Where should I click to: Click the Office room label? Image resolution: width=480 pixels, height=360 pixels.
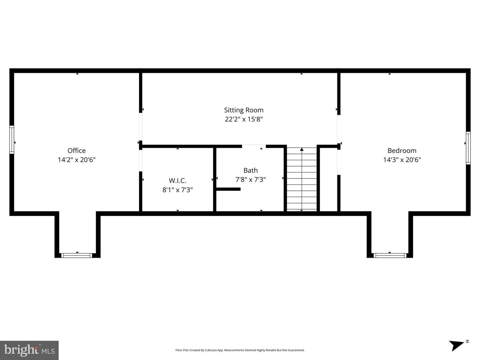77,151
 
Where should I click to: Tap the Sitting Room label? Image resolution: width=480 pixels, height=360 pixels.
244,110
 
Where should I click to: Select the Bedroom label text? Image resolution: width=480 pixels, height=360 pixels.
402,151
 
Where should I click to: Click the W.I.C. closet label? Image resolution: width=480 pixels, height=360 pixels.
177,180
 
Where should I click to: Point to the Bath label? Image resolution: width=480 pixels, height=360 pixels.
251,171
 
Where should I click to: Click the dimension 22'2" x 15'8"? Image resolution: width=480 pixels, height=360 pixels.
244,119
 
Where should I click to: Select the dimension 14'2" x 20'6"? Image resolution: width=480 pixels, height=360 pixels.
77,160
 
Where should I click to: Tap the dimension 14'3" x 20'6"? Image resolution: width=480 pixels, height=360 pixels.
402,160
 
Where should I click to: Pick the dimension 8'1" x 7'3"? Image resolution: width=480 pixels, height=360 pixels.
177,190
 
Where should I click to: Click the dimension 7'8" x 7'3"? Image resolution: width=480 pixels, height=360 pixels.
251,180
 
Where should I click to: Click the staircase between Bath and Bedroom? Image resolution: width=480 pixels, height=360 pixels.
302,179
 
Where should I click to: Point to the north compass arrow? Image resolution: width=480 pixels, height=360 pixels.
456,346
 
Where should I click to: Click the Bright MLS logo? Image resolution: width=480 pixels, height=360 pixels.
29,350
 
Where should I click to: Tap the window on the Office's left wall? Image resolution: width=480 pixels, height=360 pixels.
12,140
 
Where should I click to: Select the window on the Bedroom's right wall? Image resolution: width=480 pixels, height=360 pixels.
468,148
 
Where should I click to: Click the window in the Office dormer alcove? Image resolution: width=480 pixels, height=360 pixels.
77,255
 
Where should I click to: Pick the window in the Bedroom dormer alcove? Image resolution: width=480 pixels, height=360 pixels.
390,255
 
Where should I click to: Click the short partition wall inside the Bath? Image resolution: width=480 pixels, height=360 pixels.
228,189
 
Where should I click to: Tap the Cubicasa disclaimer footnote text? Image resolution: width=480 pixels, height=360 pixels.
240,350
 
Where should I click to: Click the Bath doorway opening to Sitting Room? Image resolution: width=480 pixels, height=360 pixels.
254,146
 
